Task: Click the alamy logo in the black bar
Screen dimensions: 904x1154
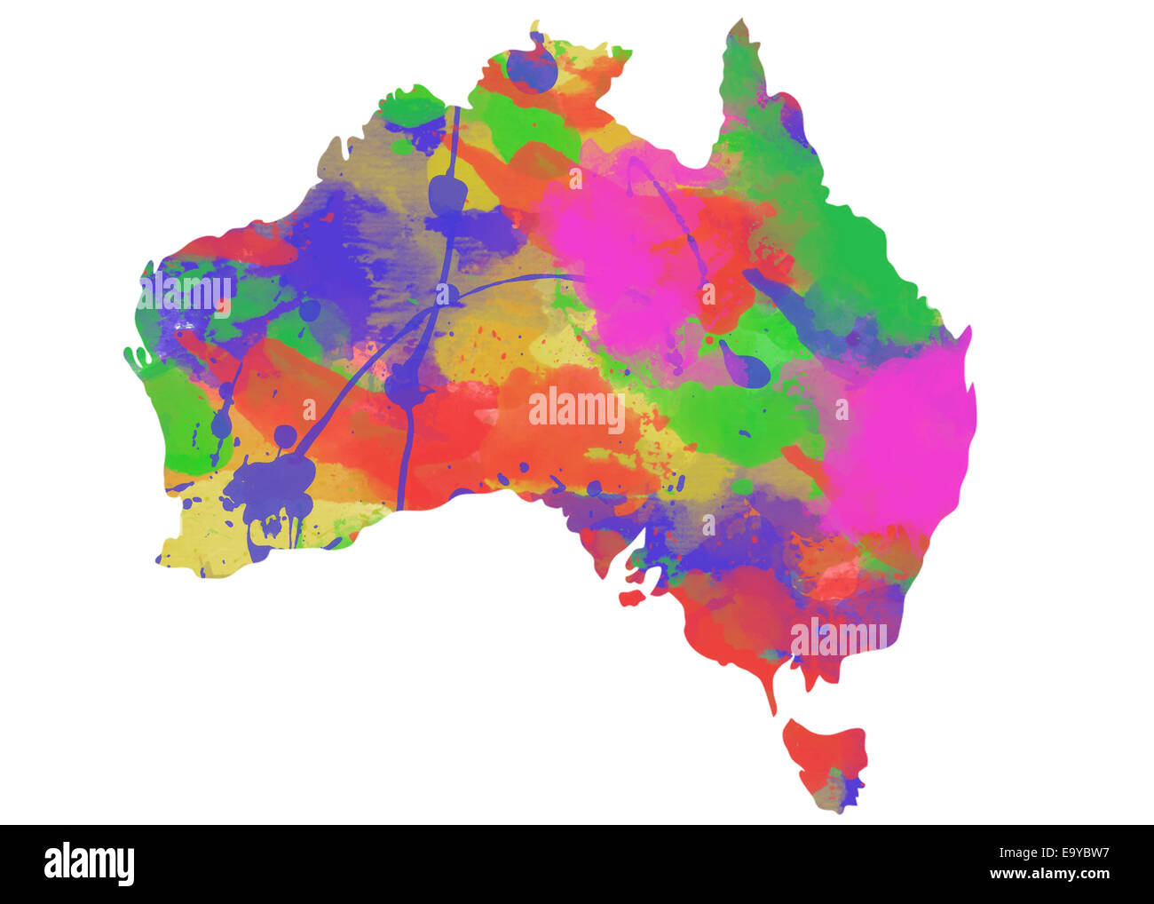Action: (89, 864)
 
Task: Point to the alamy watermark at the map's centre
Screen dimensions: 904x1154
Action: (577, 409)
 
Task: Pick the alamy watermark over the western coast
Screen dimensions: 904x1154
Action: (186, 293)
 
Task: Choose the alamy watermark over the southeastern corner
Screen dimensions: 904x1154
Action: (838, 636)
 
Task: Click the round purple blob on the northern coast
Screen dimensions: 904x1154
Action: (531, 69)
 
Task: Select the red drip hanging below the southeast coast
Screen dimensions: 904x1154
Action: (771, 688)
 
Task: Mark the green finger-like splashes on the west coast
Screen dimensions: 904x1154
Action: (139, 360)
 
